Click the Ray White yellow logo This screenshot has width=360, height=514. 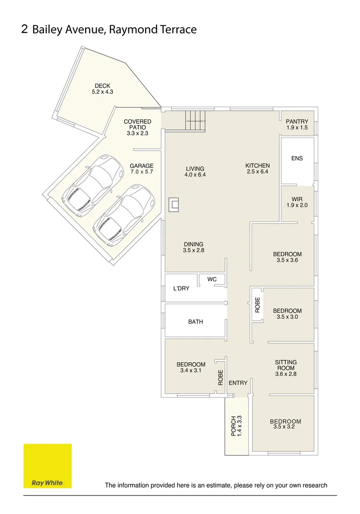[x=48, y=466]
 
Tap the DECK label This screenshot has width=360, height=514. [x=102, y=86]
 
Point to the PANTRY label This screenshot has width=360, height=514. [x=297, y=122]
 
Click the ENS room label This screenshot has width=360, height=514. [x=297, y=158]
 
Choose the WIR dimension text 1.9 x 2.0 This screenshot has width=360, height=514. [x=297, y=205]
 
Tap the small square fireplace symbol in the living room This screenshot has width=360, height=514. [x=175, y=205]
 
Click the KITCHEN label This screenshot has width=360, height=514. [x=257, y=166]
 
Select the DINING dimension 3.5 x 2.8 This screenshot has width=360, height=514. [x=194, y=250]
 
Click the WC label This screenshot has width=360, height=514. [x=212, y=279]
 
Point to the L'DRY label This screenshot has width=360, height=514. [x=181, y=288]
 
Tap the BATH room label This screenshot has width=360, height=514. [x=195, y=322]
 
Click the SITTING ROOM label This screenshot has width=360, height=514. [x=286, y=365]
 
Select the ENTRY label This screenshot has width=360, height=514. [x=238, y=383]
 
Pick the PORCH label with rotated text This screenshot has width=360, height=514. [x=234, y=426]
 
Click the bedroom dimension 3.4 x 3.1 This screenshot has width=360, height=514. [x=191, y=370]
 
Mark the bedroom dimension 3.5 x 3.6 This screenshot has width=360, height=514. [x=287, y=260]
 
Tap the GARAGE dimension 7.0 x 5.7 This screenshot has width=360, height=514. [x=142, y=171]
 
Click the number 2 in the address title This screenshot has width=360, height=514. [x=24, y=29]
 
